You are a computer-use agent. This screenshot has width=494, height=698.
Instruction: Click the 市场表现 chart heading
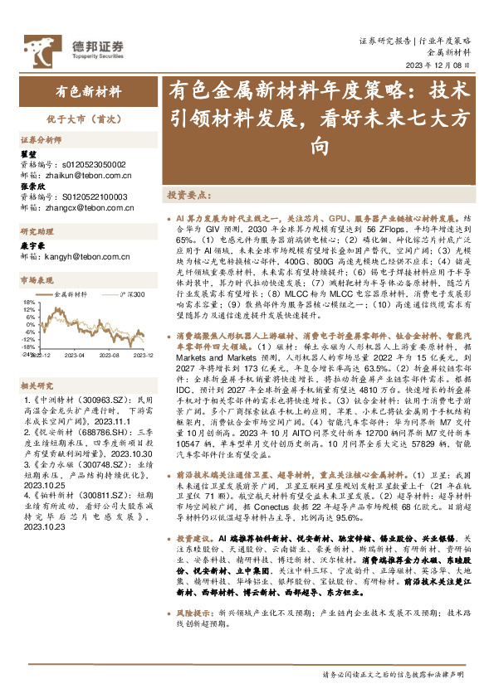pos(36,280)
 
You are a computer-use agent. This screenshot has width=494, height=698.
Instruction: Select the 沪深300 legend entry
pos(131,294)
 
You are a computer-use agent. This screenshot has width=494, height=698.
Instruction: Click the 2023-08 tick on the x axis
pos(110,355)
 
